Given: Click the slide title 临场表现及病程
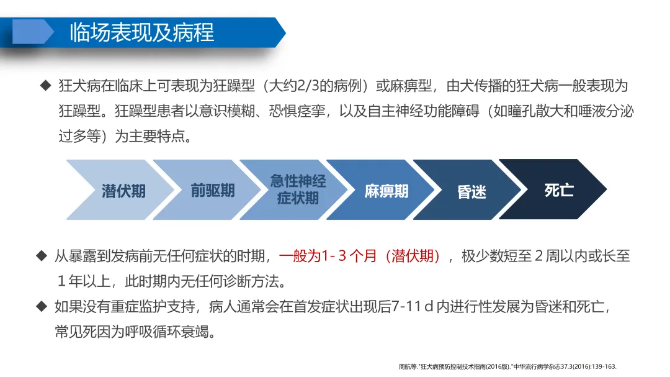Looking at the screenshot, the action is [142, 32].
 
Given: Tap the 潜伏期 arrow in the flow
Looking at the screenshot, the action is [120, 190].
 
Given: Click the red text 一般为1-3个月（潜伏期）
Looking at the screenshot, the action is [359, 256].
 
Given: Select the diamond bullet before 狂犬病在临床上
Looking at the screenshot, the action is [45, 86].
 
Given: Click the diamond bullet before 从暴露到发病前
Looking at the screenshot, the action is [42, 256].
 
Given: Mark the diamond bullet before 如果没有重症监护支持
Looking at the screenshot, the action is [42, 306].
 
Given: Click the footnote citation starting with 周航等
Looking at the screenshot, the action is [507, 366].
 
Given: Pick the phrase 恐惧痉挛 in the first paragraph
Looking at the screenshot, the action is [297, 111].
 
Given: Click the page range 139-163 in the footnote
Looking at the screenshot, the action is [604, 366].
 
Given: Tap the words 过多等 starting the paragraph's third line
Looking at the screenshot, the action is [79, 136].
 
